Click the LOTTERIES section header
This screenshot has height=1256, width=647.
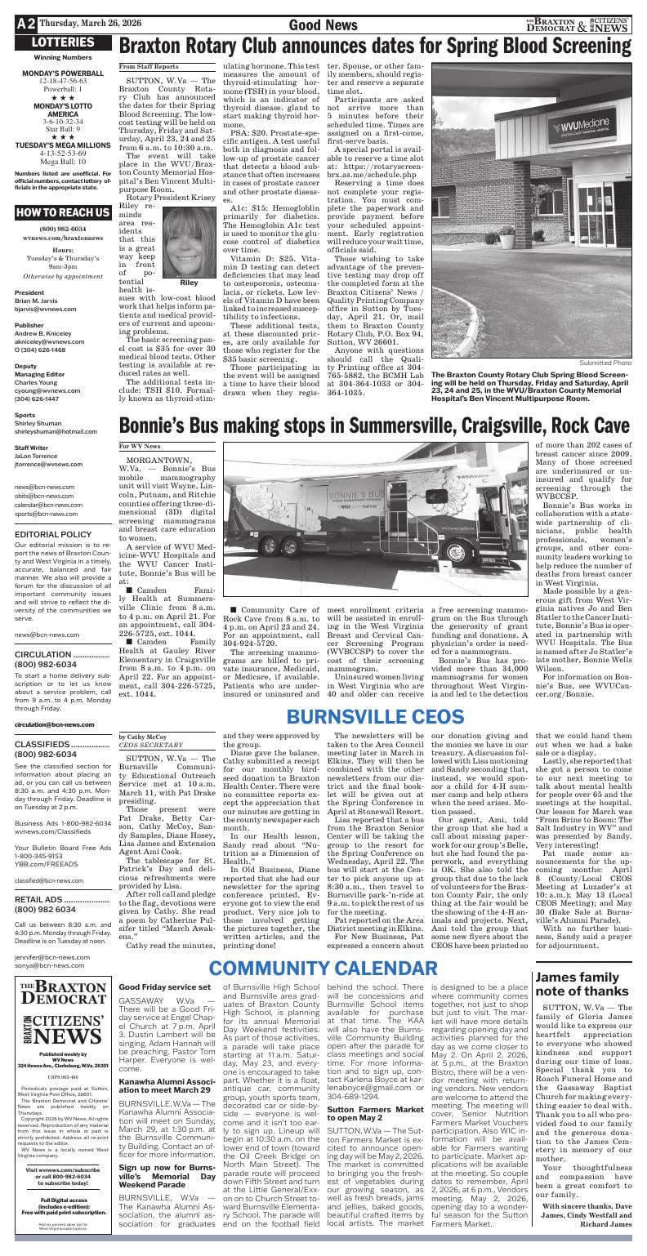[60, 42]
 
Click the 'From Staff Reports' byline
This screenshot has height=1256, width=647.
[149, 66]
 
